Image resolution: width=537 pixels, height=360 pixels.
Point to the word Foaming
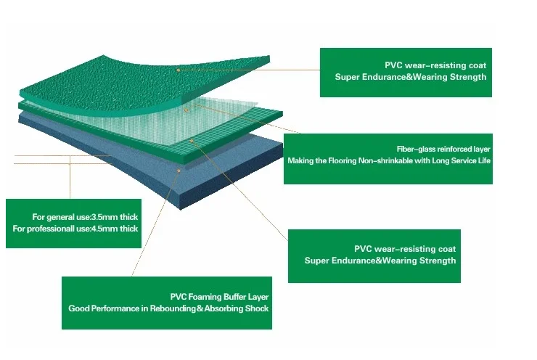(205, 296)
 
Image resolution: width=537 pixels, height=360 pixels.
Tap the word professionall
(57, 229)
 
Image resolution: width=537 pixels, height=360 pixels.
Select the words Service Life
(470, 160)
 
